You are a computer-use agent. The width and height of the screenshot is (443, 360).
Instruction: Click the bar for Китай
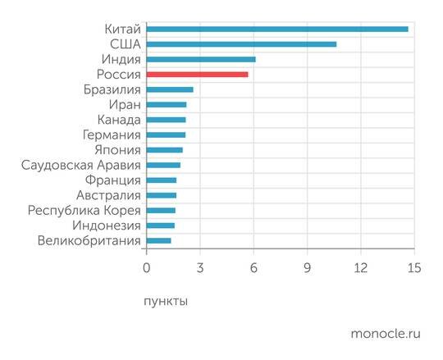277,29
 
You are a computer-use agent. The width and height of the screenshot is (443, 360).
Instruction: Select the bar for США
241,44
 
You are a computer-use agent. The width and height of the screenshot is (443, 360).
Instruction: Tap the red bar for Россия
197,75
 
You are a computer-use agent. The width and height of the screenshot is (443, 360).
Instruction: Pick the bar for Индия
201,59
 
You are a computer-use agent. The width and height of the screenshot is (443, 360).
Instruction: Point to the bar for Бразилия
170,89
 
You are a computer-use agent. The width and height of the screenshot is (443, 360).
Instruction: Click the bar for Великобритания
158,240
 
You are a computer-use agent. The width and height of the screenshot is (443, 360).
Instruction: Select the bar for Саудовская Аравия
163,165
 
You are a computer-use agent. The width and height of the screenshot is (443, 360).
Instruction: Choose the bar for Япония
164,150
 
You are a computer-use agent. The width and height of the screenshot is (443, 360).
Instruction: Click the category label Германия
112,134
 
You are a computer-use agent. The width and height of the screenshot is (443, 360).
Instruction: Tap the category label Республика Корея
84,210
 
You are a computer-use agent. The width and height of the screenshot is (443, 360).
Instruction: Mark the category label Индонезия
107,226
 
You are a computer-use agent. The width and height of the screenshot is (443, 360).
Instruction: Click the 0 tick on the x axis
146,268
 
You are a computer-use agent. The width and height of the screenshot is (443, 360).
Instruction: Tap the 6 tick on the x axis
253,268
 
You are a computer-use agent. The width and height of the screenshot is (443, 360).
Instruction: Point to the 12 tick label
360,268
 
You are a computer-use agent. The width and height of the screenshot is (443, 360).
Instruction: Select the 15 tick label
413,268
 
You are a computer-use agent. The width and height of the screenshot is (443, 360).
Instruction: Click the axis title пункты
166,301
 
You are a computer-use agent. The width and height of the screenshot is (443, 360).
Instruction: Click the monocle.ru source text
385,333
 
